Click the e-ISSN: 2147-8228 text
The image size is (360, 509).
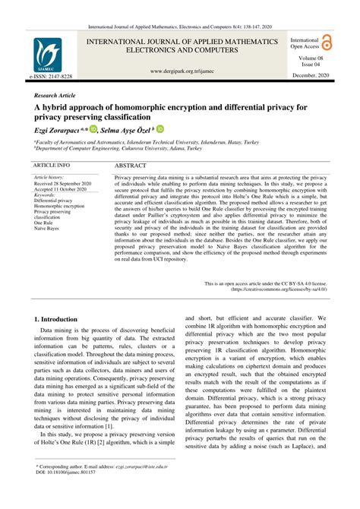click(x=51, y=77)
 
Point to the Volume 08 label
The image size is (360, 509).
click(x=311, y=58)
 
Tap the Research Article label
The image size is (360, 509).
click(x=56, y=96)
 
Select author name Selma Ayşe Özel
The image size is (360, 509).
click(x=126, y=131)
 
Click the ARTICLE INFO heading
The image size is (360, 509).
click(x=52, y=163)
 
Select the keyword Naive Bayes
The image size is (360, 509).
click(x=49, y=227)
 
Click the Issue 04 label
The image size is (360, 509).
click(x=310, y=65)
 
